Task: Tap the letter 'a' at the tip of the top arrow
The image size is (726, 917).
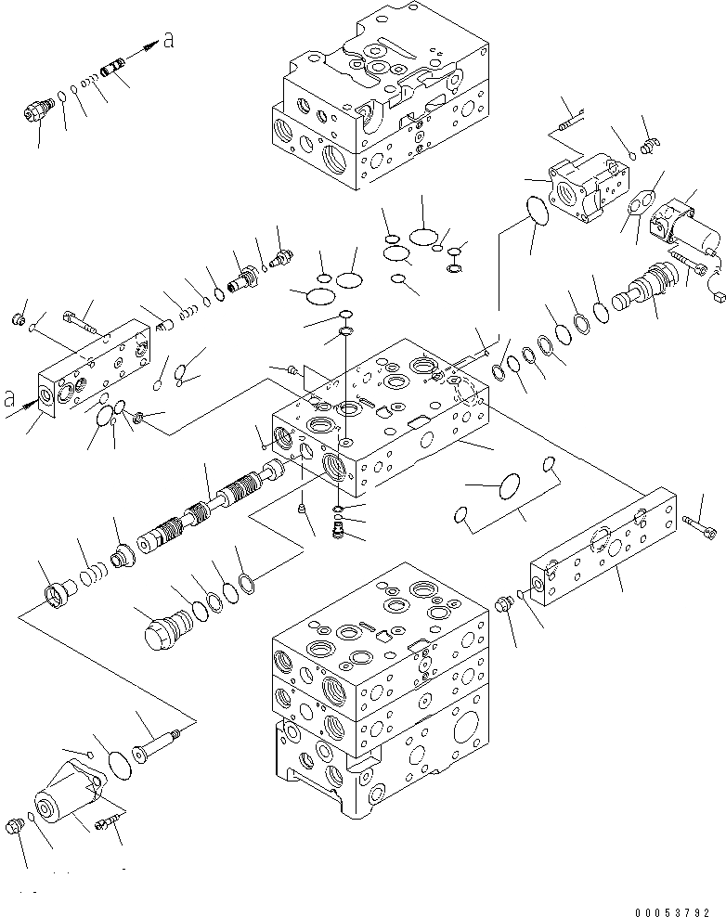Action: click(166, 39)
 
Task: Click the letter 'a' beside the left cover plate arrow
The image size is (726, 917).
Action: click(10, 401)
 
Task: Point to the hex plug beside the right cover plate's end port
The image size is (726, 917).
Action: click(507, 604)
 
